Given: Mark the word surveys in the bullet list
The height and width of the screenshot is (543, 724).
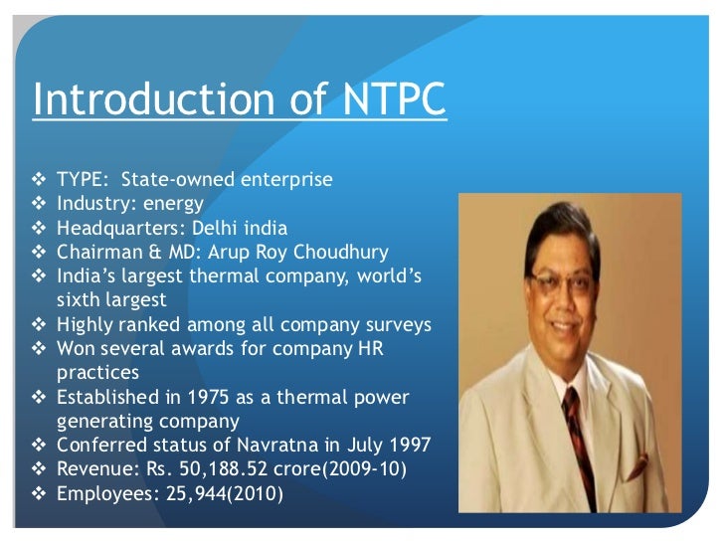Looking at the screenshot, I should click(403, 324).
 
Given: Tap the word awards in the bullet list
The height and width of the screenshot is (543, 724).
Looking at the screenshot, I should click(212, 349).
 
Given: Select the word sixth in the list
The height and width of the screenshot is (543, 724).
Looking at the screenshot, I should click(81, 299).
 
